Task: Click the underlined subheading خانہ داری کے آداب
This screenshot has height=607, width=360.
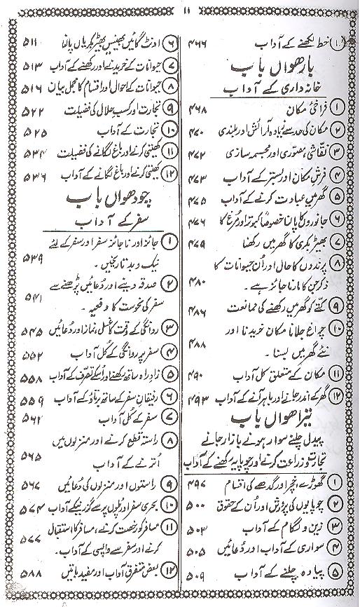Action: tap(272, 91)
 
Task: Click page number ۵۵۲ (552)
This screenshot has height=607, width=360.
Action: tap(25, 355)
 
